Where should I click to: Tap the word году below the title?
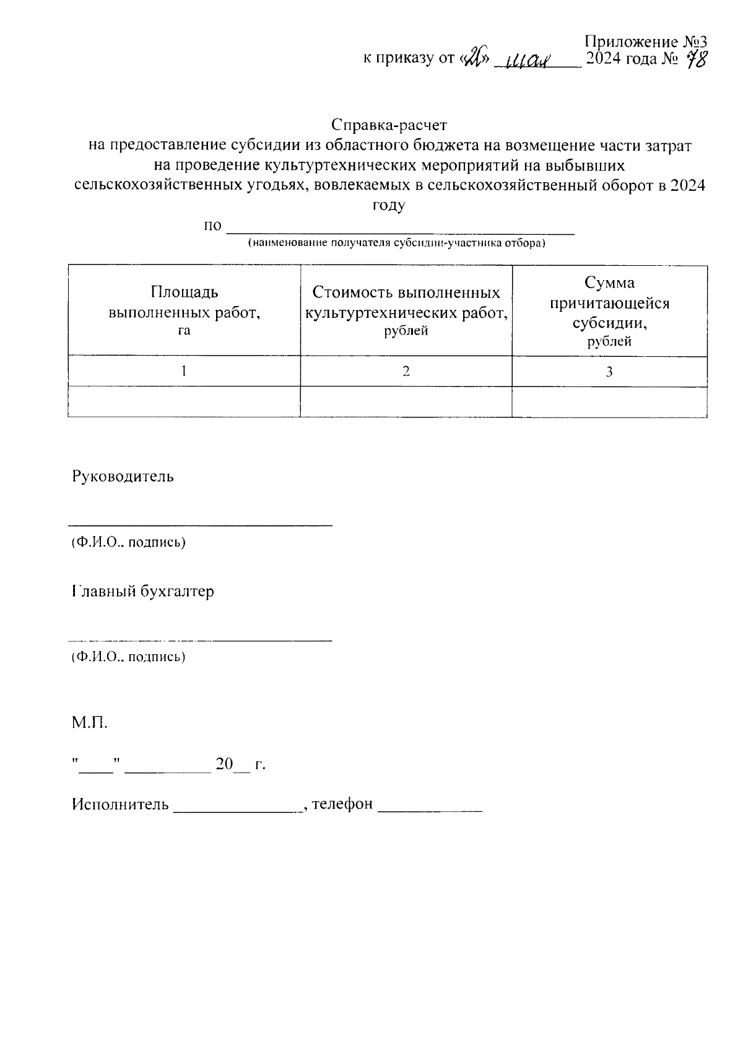tap(388, 206)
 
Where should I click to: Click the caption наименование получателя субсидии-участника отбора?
tap(396, 243)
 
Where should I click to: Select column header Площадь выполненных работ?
tap(184, 310)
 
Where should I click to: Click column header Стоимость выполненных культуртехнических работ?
tap(406, 310)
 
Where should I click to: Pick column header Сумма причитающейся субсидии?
tap(609, 310)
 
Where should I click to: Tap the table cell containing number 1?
tap(184, 371)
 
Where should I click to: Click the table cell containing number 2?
tap(406, 371)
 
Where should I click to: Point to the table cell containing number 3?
tap(609, 371)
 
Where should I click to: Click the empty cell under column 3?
tap(609, 402)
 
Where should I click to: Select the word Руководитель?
tap(123, 476)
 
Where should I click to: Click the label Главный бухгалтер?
tap(143, 591)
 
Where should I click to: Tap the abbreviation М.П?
tap(90, 722)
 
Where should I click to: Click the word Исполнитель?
tap(120, 804)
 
